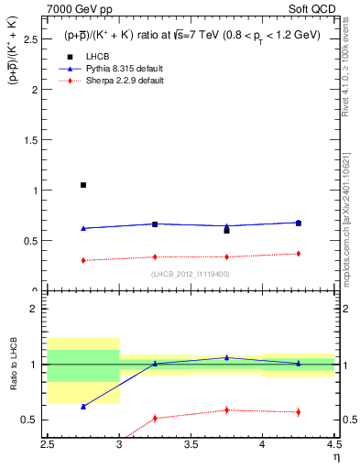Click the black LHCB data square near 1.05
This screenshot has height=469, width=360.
coord(83,185)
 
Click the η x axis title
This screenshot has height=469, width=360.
coord(334,456)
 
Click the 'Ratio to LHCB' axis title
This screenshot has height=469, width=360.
coord(12,367)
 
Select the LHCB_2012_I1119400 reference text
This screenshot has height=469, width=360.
coord(191,273)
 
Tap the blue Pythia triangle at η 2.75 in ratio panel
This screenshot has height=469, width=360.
coord(83,407)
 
